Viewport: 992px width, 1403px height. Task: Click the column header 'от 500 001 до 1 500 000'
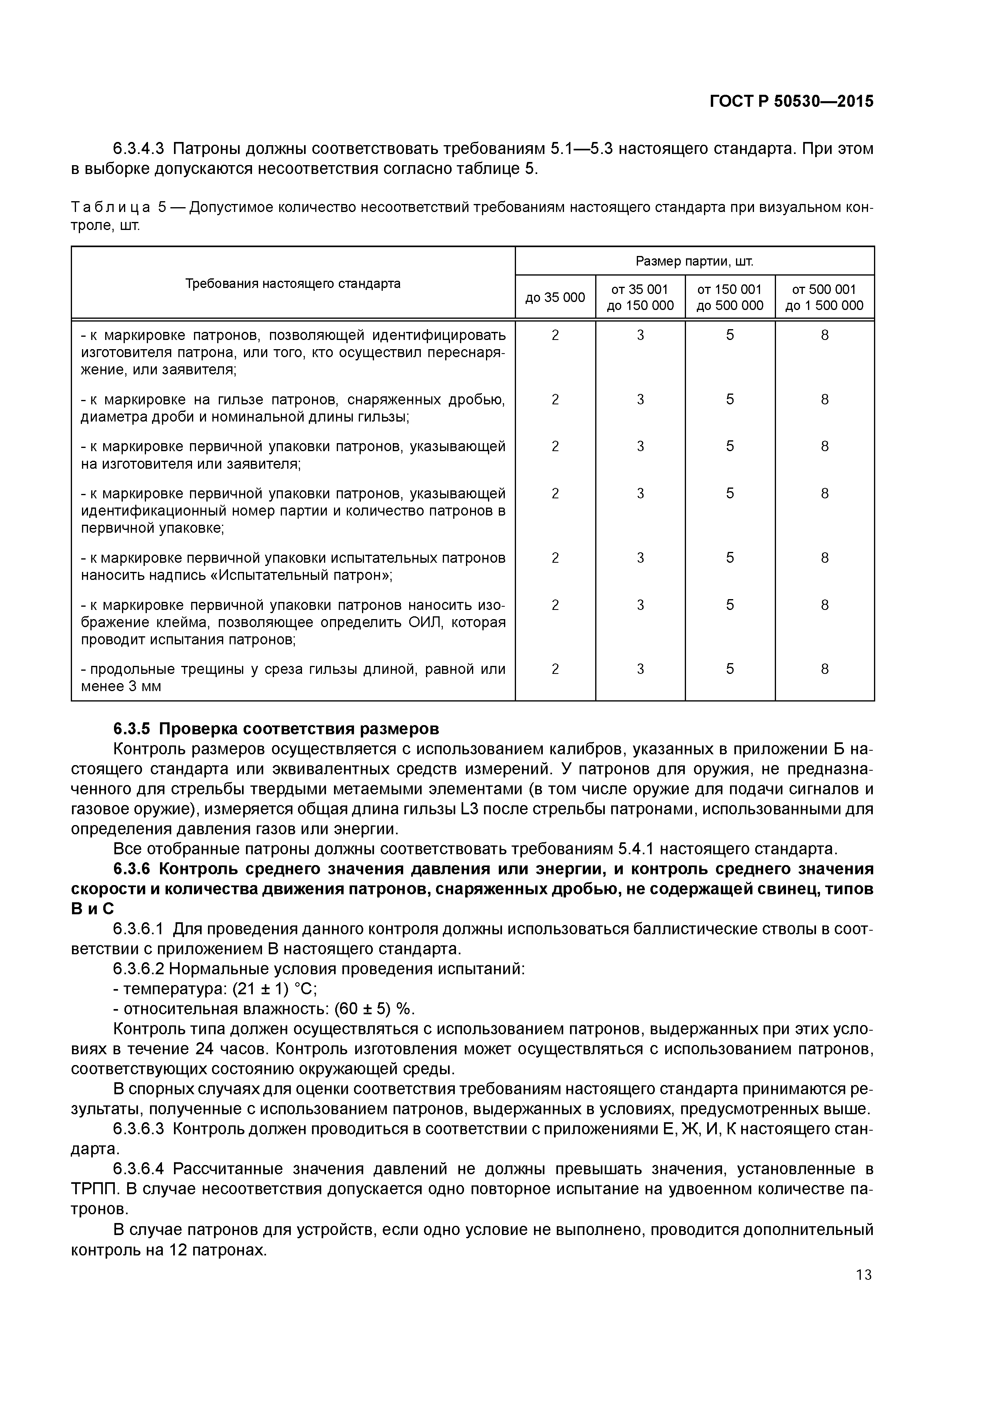[x=824, y=298]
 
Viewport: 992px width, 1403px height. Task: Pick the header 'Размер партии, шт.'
[x=694, y=262]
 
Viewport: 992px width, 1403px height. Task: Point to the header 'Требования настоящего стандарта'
[x=293, y=284]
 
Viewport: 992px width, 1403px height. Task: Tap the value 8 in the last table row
[x=824, y=669]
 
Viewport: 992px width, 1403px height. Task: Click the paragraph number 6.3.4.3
[x=139, y=148]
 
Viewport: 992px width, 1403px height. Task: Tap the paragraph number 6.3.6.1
[x=139, y=929]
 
